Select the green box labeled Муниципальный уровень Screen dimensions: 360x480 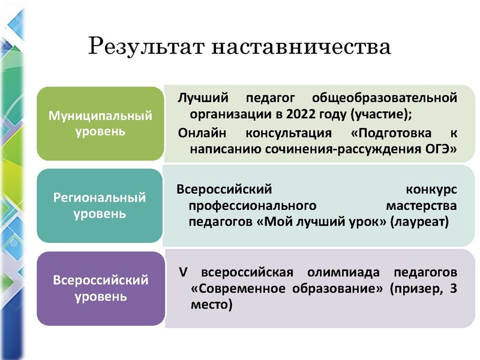[100, 123]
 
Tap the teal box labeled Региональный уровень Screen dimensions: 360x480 [100, 205]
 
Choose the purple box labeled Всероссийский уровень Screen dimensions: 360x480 [100, 288]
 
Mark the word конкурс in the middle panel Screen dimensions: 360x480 [431, 189]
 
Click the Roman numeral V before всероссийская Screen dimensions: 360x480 [182, 272]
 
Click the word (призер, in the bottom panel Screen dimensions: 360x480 [413, 288]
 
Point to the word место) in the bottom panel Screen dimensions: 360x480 [210, 304]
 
